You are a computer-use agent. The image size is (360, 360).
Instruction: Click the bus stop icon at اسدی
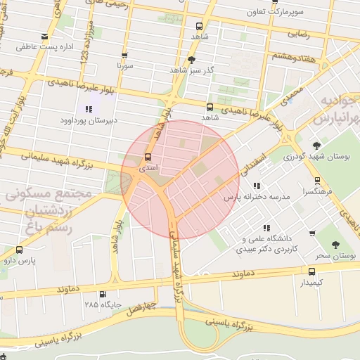pyautogui.click(x=148, y=157)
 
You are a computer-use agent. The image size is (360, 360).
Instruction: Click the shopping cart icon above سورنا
pyautogui.click(x=124, y=55)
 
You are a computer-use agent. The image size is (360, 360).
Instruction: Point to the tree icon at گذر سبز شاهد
pyautogui.click(x=193, y=60)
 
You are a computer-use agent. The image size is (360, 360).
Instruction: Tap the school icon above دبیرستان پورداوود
pyautogui.click(x=89, y=108)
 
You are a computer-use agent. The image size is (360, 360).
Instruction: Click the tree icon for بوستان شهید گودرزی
pyautogui.click(x=316, y=146)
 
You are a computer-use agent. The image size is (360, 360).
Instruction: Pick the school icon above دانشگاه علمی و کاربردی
pyautogui.click(x=266, y=228)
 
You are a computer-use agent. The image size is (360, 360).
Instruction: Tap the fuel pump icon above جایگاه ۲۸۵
pyautogui.click(x=103, y=294)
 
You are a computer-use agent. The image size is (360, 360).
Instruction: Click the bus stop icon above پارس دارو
pyautogui.click(x=18, y=249)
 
